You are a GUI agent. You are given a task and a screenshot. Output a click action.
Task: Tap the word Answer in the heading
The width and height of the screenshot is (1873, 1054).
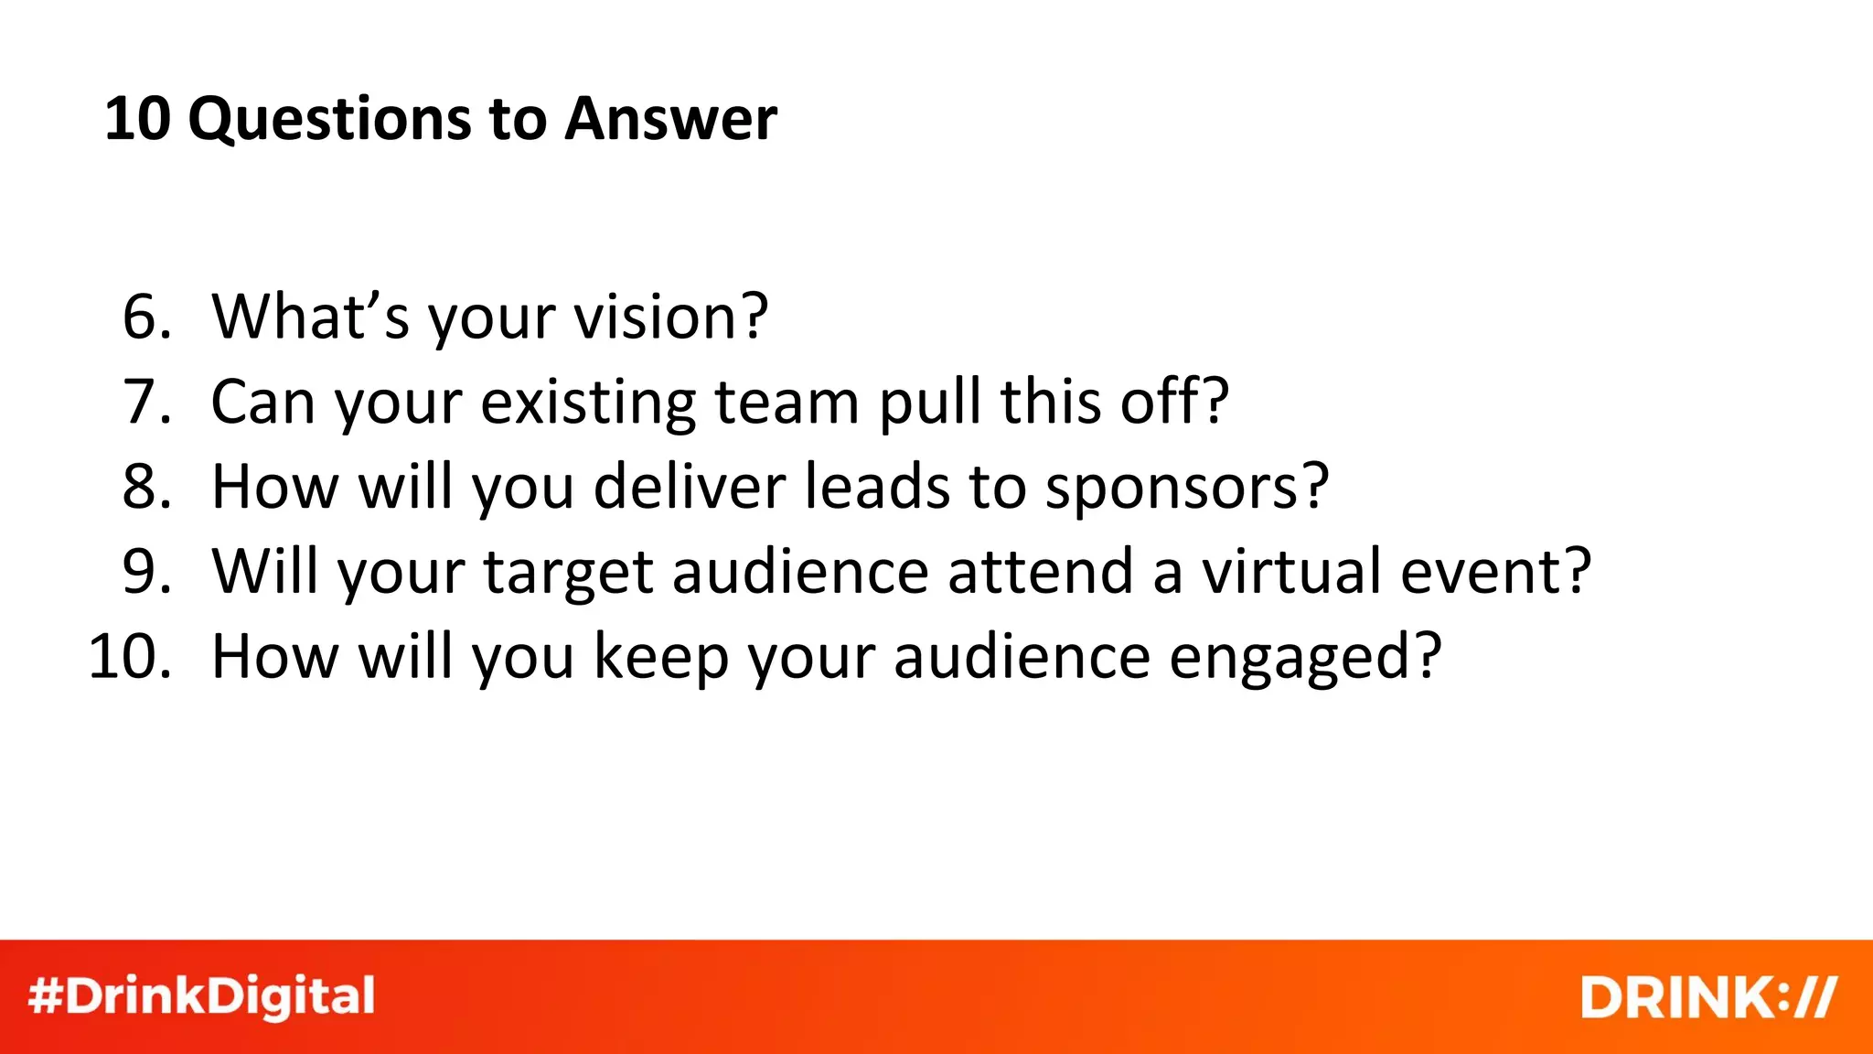point(670,120)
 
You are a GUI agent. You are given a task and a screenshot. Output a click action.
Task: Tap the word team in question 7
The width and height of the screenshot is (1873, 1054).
point(787,402)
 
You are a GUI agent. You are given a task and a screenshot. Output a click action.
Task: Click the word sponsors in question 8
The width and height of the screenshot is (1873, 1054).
point(1185,487)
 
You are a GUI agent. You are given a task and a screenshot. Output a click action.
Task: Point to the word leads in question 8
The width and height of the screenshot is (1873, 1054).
point(877,487)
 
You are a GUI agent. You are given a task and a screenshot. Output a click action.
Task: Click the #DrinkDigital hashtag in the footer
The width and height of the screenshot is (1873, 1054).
point(202,997)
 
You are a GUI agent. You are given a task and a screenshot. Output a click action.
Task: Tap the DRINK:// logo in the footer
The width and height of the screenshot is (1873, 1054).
point(1707,997)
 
